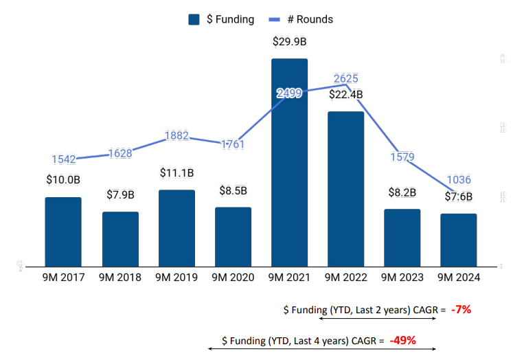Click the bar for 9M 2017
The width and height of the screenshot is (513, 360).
tap(63, 232)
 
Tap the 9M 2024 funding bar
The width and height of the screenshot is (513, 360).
tap(459, 240)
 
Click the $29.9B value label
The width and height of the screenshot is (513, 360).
tap(289, 42)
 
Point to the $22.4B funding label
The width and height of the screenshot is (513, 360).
tap(345, 95)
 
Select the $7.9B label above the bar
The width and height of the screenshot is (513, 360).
tap(120, 195)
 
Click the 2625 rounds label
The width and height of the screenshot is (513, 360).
tap(345, 78)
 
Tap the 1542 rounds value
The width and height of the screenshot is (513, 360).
tap(64, 159)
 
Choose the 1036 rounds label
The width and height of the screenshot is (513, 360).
tap(459, 180)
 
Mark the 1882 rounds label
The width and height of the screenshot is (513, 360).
tap(176, 136)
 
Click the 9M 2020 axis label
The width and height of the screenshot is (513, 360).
tap(233, 278)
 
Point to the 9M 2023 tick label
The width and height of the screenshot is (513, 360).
tap(402, 278)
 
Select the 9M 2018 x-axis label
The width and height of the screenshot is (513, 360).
tap(120, 278)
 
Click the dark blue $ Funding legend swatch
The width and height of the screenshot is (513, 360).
tap(194, 19)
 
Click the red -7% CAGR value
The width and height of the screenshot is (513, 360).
tap(461, 309)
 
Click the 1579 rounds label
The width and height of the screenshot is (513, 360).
tap(402, 157)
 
